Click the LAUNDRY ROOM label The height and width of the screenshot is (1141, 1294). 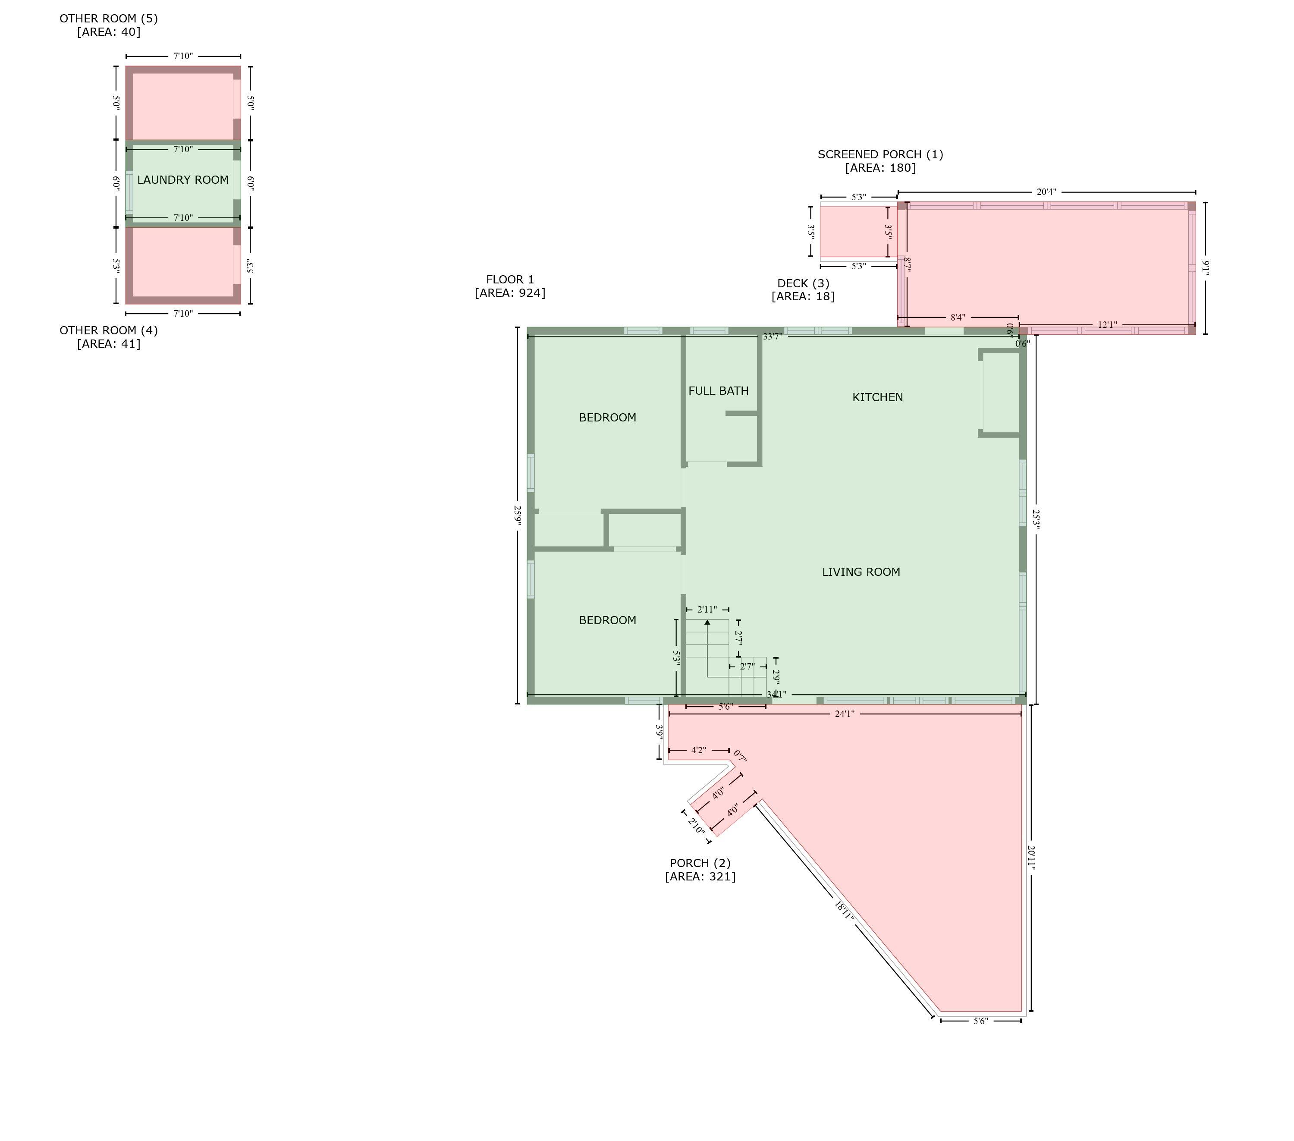click(183, 180)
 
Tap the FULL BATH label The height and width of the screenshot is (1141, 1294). click(719, 391)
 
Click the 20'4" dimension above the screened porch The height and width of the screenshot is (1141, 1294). click(1046, 192)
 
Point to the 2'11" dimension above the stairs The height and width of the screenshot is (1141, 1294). click(707, 610)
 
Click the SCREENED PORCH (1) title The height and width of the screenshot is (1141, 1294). click(880, 154)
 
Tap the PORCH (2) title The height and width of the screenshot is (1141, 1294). click(700, 863)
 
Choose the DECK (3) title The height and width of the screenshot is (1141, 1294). click(803, 284)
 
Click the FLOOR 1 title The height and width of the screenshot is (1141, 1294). click(510, 279)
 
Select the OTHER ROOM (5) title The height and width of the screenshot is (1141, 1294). click(109, 19)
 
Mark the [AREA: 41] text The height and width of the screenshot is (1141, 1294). click(109, 344)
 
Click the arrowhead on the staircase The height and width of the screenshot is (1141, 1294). click(707, 622)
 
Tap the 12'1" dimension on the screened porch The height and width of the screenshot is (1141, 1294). click(1107, 325)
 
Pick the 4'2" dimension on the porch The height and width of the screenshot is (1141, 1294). click(698, 750)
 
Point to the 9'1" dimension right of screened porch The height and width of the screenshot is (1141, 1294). click(1206, 268)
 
